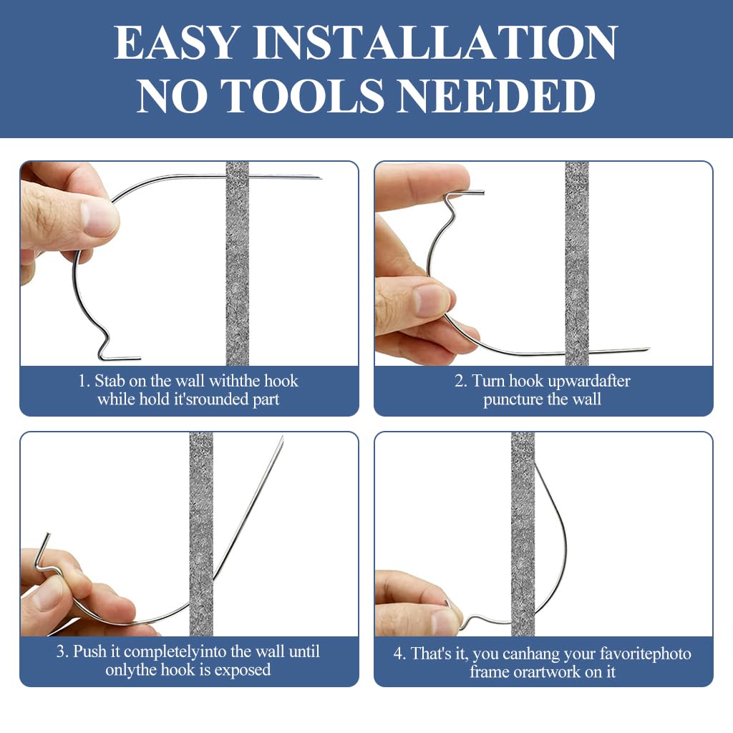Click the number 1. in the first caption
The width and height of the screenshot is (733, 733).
(84, 381)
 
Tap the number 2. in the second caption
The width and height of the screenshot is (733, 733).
(460, 381)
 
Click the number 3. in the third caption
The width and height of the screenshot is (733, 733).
(62, 651)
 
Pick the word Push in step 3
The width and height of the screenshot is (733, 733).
(89, 651)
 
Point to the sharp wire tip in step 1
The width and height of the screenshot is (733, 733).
(319, 178)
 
